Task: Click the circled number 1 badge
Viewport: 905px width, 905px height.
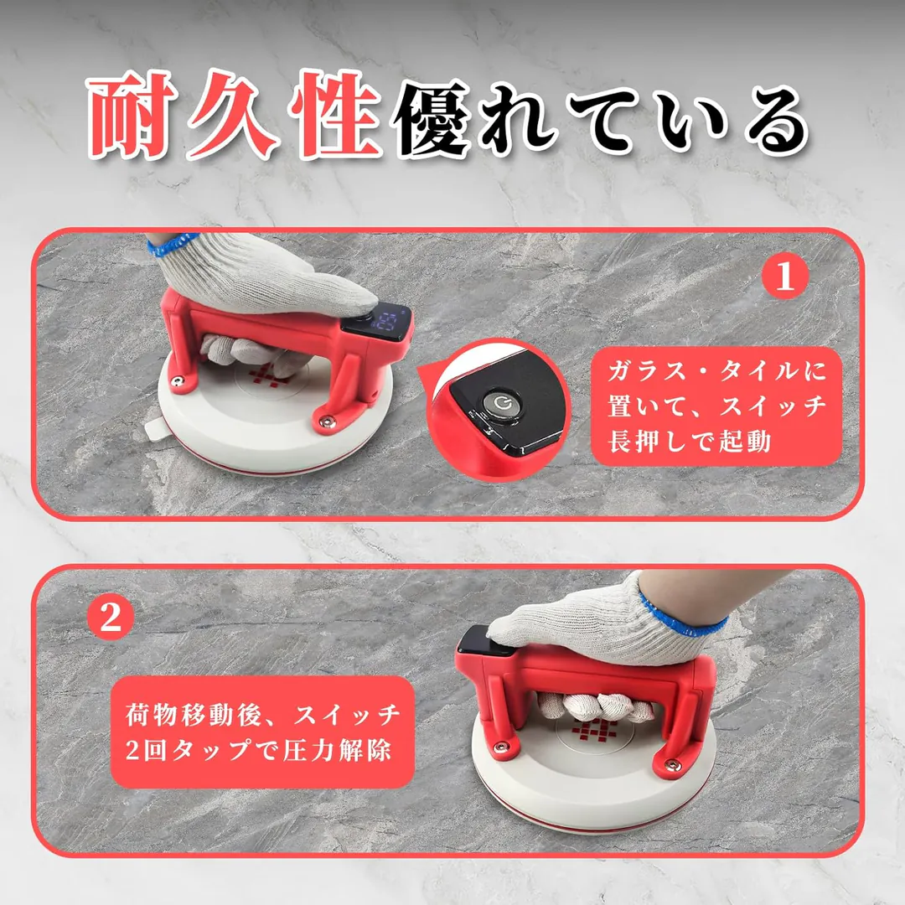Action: coord(784,277)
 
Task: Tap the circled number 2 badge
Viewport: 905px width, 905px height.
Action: coord(111,617)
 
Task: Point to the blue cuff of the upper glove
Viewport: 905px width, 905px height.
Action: coord(171,244)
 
